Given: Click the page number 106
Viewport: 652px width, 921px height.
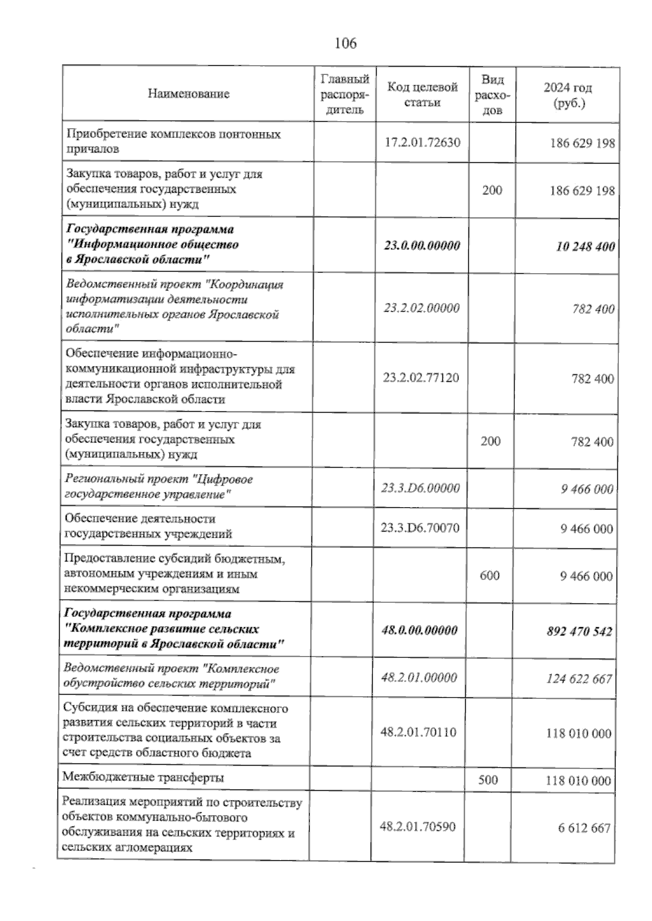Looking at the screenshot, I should point(346,43).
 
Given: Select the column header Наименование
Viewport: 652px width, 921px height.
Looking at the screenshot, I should point(188,94).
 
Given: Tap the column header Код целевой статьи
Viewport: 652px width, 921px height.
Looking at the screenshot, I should point(422,94).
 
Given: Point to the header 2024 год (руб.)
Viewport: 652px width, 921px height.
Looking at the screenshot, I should point(568,95).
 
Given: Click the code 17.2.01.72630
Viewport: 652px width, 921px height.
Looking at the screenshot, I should point(422,143).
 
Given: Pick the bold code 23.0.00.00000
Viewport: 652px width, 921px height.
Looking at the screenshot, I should point(422,245).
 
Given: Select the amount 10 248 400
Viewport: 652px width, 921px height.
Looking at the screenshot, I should point(586,247).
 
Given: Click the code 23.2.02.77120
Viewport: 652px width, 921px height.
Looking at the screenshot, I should point(421,377).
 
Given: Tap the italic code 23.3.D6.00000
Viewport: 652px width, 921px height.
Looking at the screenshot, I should point(421,488).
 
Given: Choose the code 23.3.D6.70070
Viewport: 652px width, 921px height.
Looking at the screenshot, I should point(421,527).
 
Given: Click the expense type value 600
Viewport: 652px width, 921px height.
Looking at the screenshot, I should point(490,575).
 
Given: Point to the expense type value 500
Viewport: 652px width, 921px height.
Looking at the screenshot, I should point(488,780).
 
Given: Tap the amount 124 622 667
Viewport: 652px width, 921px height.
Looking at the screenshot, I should point(579,679).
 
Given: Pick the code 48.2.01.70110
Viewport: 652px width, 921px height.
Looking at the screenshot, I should point(418,732).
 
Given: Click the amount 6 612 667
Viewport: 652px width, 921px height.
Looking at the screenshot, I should point(584,828).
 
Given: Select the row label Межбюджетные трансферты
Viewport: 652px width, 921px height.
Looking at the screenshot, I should point(143,777).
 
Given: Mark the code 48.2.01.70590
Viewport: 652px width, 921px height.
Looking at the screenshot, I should point(418,827).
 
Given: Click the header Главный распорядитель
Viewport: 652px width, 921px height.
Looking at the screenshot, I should point(345,94).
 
